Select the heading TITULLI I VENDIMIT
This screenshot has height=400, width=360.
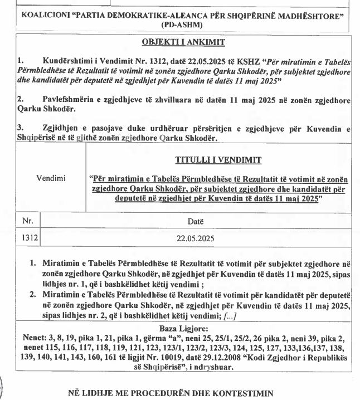tap(218, 160)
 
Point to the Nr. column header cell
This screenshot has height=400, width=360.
tap(28, 221)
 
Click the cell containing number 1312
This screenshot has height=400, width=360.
tap(29, 238)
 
